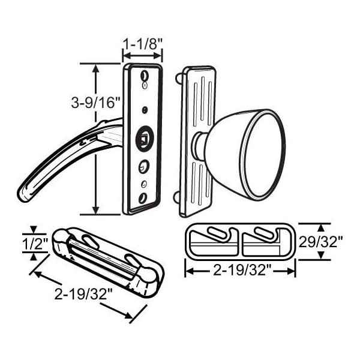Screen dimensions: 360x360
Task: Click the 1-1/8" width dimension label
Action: pos(143,44)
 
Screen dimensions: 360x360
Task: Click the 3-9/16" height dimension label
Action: pos(96,102)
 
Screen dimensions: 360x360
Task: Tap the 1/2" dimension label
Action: pos(35,244)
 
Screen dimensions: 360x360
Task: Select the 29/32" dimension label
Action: pos(321,242)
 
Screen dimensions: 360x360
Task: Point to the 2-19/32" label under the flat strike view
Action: pos(240,271)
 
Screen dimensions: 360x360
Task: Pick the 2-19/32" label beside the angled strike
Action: pos(83,293)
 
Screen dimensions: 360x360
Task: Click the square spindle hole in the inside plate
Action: pos(144,139)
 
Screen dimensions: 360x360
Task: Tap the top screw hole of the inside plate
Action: pos(144,75)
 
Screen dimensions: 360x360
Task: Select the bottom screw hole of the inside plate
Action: pos(143,198)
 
